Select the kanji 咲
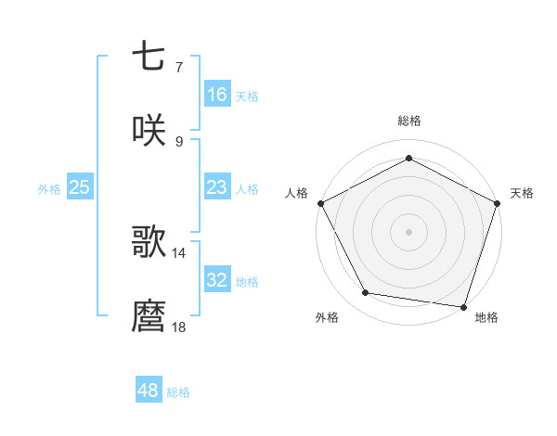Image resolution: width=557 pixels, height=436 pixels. point(149,131)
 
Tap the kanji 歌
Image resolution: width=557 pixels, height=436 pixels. point(149,242)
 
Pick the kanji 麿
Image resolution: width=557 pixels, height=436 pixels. point(149,316)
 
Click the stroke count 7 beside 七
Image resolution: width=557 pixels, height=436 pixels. point(178,67)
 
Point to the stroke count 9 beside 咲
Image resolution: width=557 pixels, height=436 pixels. point(178,142)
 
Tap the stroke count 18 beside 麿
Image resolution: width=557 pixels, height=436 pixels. point(178,327)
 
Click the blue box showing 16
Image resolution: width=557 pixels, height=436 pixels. point(216,95)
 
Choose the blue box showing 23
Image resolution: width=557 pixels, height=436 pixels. point(216,187)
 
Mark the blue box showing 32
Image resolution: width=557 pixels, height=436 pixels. point(216,280)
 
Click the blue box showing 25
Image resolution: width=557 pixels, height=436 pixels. point(79,187)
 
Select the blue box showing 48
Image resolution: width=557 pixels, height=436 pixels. point(149,391)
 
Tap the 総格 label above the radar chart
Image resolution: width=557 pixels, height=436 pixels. point(408,121)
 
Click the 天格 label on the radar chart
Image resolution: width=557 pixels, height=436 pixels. point(522,193)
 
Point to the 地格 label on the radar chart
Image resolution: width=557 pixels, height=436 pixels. point(486,317)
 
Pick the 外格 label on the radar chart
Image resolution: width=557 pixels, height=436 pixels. point(327,317)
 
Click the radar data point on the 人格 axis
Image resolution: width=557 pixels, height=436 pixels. point(320,203)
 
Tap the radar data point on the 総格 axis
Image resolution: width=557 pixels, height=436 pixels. point(408,158)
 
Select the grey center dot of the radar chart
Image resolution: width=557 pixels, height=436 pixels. point(408,231)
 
